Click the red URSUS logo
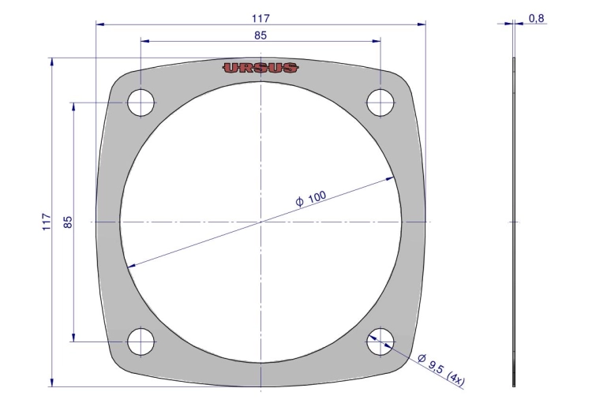point(260,68)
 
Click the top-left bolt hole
point(141,103)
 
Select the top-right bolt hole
point(380,103)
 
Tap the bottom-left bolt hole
point(141,341)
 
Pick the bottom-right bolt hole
point(380,341)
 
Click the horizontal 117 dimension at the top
point(261,18)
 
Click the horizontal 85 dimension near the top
point(260,35)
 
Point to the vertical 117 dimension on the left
point(47,222)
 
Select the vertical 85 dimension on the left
point(68,222)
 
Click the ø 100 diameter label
point(311,199)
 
